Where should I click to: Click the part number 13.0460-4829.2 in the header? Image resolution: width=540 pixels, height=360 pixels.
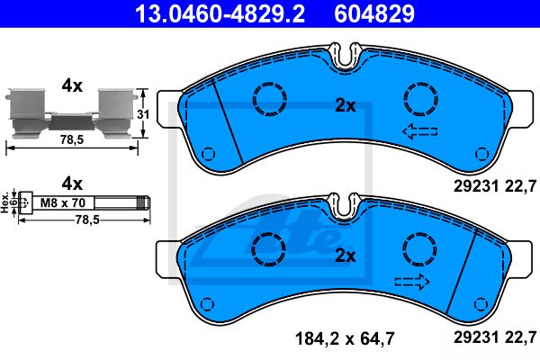coord(220,13)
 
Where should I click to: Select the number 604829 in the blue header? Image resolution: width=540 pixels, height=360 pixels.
coord(374,13)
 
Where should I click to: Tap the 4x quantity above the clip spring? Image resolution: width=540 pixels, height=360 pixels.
coord(72,85)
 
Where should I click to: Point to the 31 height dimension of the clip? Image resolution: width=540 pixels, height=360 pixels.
coord(143,114)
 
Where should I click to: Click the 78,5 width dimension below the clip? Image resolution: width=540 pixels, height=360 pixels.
coord(72,139)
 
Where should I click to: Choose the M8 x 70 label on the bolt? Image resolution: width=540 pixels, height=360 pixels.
coord(63,202)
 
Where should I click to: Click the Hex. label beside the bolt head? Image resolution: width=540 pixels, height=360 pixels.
coord(4,202)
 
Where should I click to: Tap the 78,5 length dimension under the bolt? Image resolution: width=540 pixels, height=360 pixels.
coord(87,220)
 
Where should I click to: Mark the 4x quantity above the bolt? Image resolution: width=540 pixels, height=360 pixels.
coord(72,184)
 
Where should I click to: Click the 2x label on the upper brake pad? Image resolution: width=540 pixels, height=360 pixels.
coord(346,106)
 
